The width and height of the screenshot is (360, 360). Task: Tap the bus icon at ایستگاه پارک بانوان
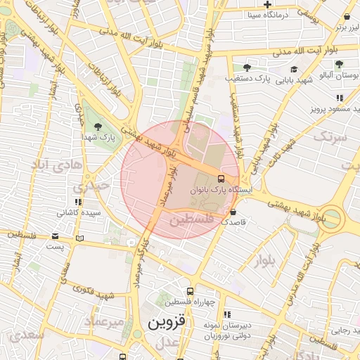(x=221, y=179)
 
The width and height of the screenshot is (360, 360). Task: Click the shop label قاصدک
(x=233, y=221)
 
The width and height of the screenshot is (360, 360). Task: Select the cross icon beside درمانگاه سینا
(x=268, y=5)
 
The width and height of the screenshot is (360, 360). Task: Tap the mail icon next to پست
(x=79, y=239)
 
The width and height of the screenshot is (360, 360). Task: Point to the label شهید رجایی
(x=345, y=330)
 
